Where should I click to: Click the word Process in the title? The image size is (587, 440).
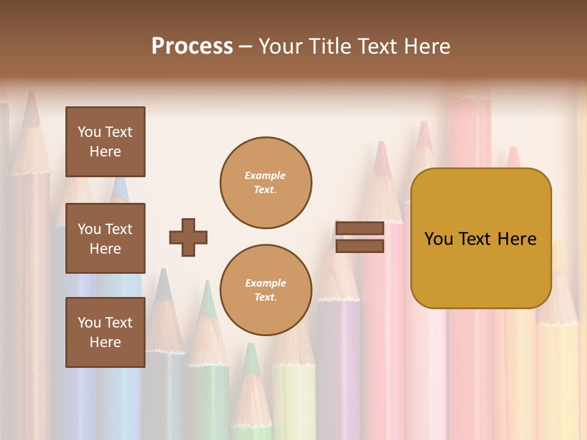(x=192, y=46)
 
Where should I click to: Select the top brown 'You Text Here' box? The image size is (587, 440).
(x=105, y=142)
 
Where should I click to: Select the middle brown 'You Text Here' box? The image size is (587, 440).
(x=105, y=238)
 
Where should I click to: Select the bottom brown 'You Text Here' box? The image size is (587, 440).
(x=105, y=332)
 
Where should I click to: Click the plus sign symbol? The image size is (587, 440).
(x=188, y=237)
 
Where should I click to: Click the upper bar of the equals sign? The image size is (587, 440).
(x=360, y=228)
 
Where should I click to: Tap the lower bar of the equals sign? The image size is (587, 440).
(x=360, y=246)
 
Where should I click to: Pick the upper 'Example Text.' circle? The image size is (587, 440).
(x=265, y=183)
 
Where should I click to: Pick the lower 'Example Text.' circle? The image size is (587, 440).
(x=265, y=290)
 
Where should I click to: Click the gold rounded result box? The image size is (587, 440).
(x=481, y=238)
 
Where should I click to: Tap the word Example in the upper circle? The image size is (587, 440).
(x=265, y=175)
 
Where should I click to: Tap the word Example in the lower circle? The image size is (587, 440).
(x=265, y=283)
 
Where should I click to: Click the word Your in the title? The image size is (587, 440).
(x=281, y=46)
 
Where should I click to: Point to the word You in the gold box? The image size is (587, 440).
(x=438, y=239)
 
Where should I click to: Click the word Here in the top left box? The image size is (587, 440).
(x=105, y=152)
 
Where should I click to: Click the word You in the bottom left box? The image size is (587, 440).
(x=89, y=323)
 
